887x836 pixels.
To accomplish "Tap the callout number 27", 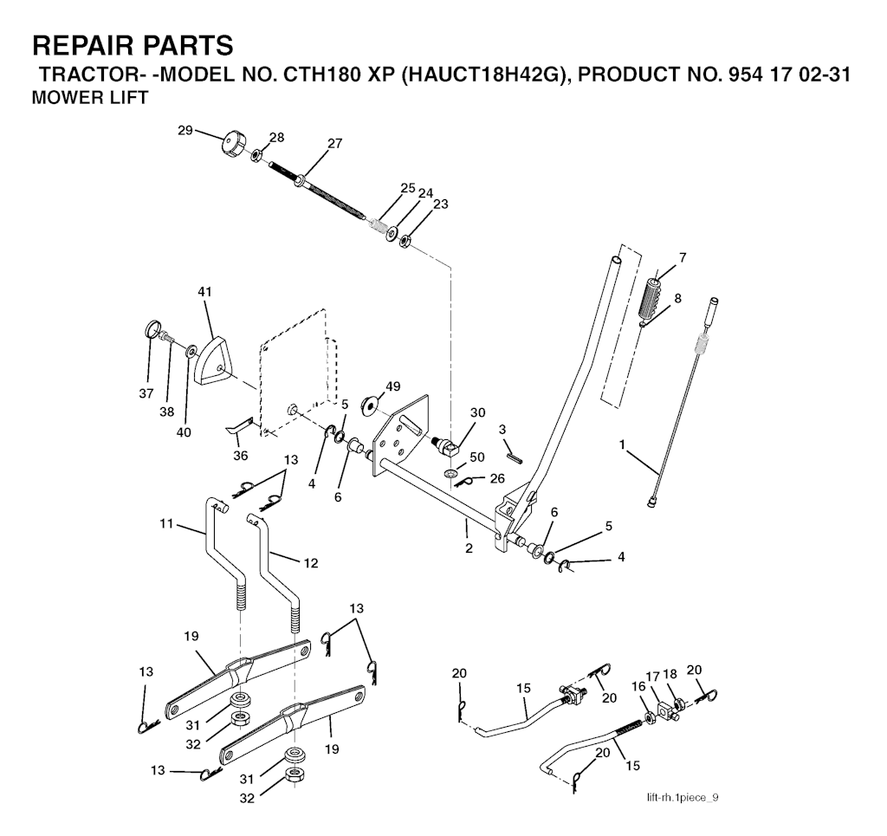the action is click(x=335, y=143).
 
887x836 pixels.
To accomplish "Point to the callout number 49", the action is click(x=392, y=386).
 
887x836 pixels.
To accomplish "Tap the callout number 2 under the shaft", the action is click(x=469, y=548).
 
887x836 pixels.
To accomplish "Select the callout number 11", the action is click(x=165, y=524).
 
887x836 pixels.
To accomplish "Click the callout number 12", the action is click(x=311, y=563).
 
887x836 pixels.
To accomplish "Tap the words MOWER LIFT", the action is click(x=89, y=98).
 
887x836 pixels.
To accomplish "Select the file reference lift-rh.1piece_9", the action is click(x=683, y=798).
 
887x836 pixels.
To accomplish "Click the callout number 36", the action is click(x=241, y=456).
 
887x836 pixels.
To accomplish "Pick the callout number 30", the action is click(x=478, y=412).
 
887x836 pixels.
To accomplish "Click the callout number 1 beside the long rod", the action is click(x=622, y=445).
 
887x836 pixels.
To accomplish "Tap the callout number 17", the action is click(x=653, y=676).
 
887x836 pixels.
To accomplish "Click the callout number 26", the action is click(x=497, y=479).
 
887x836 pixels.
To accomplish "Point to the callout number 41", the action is click(x=204, y=292).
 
